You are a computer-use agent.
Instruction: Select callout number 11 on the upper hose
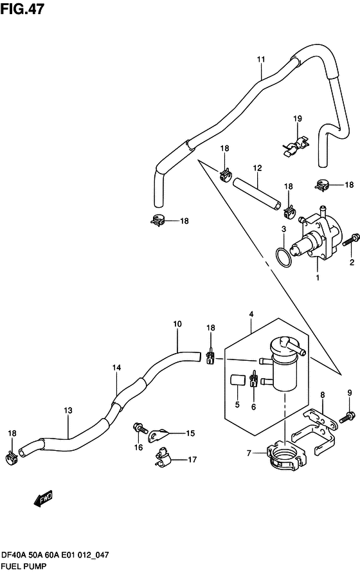pos(261,60)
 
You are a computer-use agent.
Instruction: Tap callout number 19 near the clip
pos(298,118)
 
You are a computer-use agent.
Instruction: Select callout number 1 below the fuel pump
pos(316,278)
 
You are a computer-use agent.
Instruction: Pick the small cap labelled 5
pos(236,380)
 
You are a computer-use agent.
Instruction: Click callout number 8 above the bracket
pos(323,394)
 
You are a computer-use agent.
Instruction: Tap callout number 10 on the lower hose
pos(177,325)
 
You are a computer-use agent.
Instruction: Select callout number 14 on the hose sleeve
pos(116,368)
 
